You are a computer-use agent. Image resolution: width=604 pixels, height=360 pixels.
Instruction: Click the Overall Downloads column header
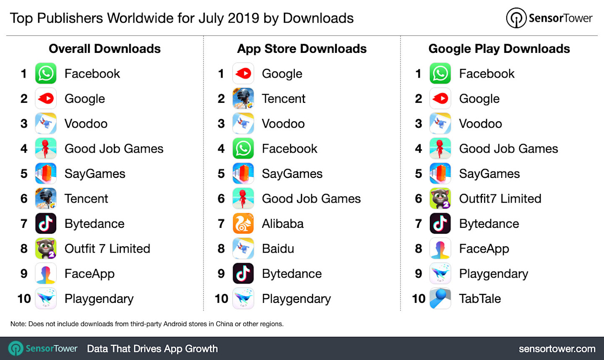pyautogui.click(x=104, y=49)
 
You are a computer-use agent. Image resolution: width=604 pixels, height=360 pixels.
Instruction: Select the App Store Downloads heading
pyautogui.click(x=302, y=49)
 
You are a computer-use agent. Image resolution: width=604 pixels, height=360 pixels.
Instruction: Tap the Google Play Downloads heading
pyautogui.click(x=499, y=49)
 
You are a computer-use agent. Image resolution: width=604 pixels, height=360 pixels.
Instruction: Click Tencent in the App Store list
pyautogui.click(x=284, y=99)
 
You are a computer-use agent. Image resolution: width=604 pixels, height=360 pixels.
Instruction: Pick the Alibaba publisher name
pyautogui.click(x=283, y=224)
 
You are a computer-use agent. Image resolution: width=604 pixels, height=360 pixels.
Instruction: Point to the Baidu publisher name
pyautogui.click(x=278, y=249)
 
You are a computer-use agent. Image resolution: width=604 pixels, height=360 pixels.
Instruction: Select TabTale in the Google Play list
pyautogui.click(x=480, y=299)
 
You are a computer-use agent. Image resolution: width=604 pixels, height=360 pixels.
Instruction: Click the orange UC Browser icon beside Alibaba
pyautogui.click(x=243, y=224)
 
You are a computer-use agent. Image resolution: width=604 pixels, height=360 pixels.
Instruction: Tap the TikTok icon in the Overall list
pyautogui.click(x=46, y=224)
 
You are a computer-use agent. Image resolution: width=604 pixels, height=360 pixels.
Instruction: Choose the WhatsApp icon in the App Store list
pyautogui.click(x=243, y=149)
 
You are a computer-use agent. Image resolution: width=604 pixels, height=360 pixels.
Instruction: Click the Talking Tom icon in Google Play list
pyautogui.click(x=440, y=198)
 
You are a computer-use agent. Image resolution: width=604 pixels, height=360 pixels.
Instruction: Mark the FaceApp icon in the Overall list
pyautogui.click(x=46, y=274)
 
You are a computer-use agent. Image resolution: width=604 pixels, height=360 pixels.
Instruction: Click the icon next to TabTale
pyautogui.click(x=440, y=299)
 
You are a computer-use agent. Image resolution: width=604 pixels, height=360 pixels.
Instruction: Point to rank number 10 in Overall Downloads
pyautogui.click(x=24, y=299)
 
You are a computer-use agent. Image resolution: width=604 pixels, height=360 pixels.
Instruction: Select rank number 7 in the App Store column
pyautogui.click(x=221, y=224)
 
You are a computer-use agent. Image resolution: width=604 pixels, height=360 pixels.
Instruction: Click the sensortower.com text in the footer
pyautogui.click(x=557, y=349)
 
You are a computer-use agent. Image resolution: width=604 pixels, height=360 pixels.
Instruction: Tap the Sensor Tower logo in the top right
pyautogui.click(x=549, y=18)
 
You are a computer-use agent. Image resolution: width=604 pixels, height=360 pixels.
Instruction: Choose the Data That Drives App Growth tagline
pyautogui.click(x=152, y=349)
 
